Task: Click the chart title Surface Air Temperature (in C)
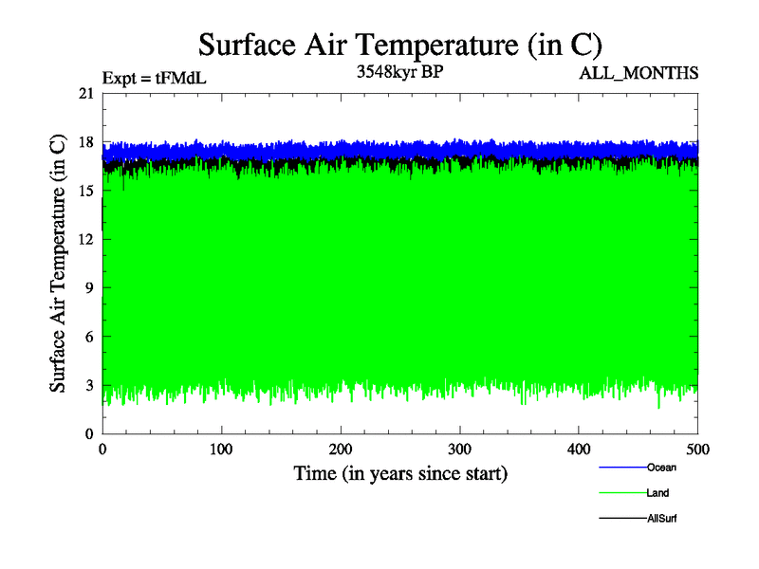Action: [x=400, y=45]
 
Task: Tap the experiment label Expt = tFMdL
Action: [x=154, y=79]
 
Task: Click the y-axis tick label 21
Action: [x=85, y=93]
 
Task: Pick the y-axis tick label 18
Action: [x=85, y=142]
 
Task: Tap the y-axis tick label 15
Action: [x=85, y=191]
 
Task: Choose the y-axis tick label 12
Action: [x=85, y=239]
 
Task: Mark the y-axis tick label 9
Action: [x=89, y=287]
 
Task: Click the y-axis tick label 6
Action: [x=89, y=337]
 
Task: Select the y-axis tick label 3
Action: [x=89, y=385]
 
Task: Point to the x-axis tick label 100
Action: [x=221, y=449]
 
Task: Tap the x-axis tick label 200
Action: [x=341, y=449]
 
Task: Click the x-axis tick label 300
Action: [x=460, y=449]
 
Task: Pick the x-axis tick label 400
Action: [x=579, y=449]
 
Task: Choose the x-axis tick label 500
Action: [x=697, y=449]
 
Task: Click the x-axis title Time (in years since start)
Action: [x=400, y=473]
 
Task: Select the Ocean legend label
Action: [x=661, y=468]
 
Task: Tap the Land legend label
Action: [x=658, y=493]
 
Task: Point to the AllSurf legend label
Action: [x=661, y=519]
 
